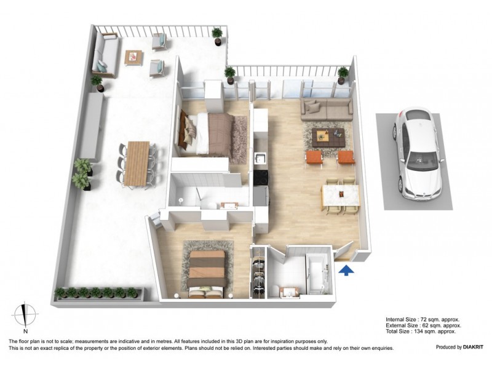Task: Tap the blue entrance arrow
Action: pos(346,269)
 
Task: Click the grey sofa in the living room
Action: pos(326,109)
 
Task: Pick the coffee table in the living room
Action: pos(327,137)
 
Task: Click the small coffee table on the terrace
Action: pos(133,57)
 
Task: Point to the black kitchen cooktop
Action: pos(260,177)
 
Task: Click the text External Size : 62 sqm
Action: pos(423,326)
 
